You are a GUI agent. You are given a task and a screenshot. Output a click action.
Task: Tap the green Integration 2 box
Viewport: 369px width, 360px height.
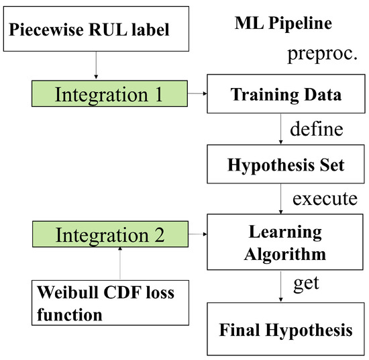coord(109,235)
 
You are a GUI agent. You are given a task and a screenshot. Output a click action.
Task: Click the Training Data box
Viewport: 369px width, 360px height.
coord(286,95)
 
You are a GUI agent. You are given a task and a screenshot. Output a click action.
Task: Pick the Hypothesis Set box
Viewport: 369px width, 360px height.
coord(286,164)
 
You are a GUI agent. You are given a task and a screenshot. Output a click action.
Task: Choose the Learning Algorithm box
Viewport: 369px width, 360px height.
coord(286,243)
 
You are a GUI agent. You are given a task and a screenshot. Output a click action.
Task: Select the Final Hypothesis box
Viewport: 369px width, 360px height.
coord(286,330)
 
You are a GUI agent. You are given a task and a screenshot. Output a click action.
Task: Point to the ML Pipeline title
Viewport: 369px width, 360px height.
coord(284,24)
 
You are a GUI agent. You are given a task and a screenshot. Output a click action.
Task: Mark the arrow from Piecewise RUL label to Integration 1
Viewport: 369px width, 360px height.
coord(97,66)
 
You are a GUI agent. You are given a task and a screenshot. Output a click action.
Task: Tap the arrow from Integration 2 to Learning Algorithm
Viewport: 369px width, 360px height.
coord(197,235)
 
